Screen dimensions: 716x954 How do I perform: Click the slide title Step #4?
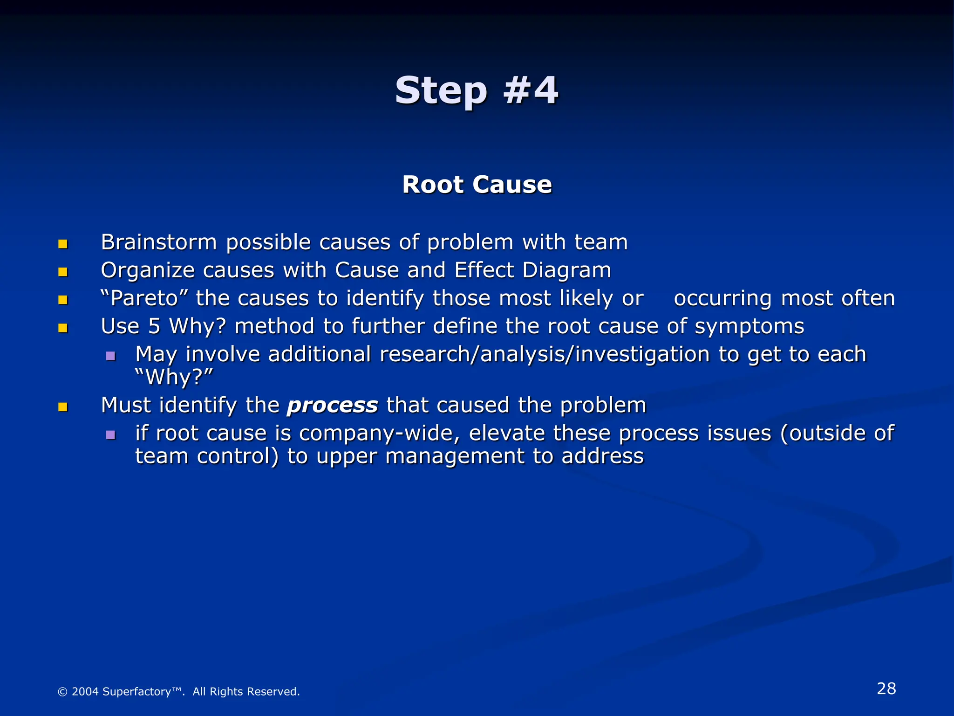pos(477,90)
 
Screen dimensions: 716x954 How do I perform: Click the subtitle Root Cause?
pos(477,185)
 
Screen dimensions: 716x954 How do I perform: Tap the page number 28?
pos(886,688)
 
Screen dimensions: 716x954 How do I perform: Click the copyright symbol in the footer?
pos(62,692)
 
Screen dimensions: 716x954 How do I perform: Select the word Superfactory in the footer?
pos(136,692)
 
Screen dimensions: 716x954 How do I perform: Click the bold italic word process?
pos(332,405)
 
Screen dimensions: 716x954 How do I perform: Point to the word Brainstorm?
pos(159,242)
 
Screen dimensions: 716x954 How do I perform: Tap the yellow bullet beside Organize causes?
pos(63,272)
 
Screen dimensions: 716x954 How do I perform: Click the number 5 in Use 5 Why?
pos(154,326)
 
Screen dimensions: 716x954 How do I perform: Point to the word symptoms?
pos(749,326)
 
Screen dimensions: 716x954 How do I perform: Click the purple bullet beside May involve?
pos(110,357)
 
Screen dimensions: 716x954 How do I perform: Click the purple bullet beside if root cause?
pos(110,435)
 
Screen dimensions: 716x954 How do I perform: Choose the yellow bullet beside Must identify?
pos(63,407)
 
